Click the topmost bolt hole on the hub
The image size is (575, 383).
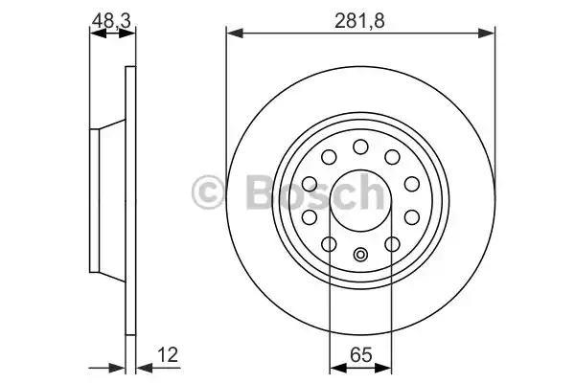tap(360, 146)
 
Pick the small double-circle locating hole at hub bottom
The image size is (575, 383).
tap(360, 254)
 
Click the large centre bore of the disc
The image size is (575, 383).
tap(360, 199)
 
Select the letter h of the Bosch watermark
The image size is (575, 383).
tap(366, 192)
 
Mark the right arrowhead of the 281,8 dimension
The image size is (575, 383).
tap(492, 34)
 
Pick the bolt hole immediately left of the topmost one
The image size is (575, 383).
tap(329, 157)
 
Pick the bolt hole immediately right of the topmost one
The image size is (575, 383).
tap(392, 157)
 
